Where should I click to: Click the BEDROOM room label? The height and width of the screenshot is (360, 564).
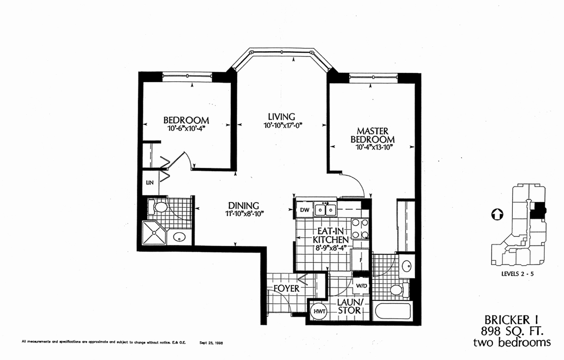[186, 120]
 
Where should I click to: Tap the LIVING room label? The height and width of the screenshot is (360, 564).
[281, 117]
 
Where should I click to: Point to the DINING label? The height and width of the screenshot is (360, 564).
[243, 205]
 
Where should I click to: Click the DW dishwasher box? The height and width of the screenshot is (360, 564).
[305, 210]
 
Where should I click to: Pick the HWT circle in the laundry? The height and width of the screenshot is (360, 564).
[320, 311]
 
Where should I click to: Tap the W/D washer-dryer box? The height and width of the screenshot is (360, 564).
[361, 285]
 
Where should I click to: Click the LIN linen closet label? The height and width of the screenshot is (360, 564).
[149, 182]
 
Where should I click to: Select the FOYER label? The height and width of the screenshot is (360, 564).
[287, 289]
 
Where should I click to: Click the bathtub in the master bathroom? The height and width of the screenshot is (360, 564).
[392, 311]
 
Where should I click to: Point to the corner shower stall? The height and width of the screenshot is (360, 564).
[154, 233]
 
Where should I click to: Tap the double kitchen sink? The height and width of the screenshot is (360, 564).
[325, 210]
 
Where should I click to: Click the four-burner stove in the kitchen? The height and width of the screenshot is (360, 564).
[360, 229]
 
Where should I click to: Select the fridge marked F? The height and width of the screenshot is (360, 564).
[360, 260]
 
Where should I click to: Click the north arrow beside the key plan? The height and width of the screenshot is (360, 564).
[497, 214]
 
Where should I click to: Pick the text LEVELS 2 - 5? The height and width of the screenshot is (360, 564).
[517, 274]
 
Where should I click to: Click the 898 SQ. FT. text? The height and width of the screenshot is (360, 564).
[512, 331]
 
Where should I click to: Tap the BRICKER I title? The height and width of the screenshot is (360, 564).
[511, 320]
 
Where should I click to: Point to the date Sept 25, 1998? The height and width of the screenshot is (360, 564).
[211, 343]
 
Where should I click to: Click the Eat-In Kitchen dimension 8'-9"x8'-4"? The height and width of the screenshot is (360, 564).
[331, 248]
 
